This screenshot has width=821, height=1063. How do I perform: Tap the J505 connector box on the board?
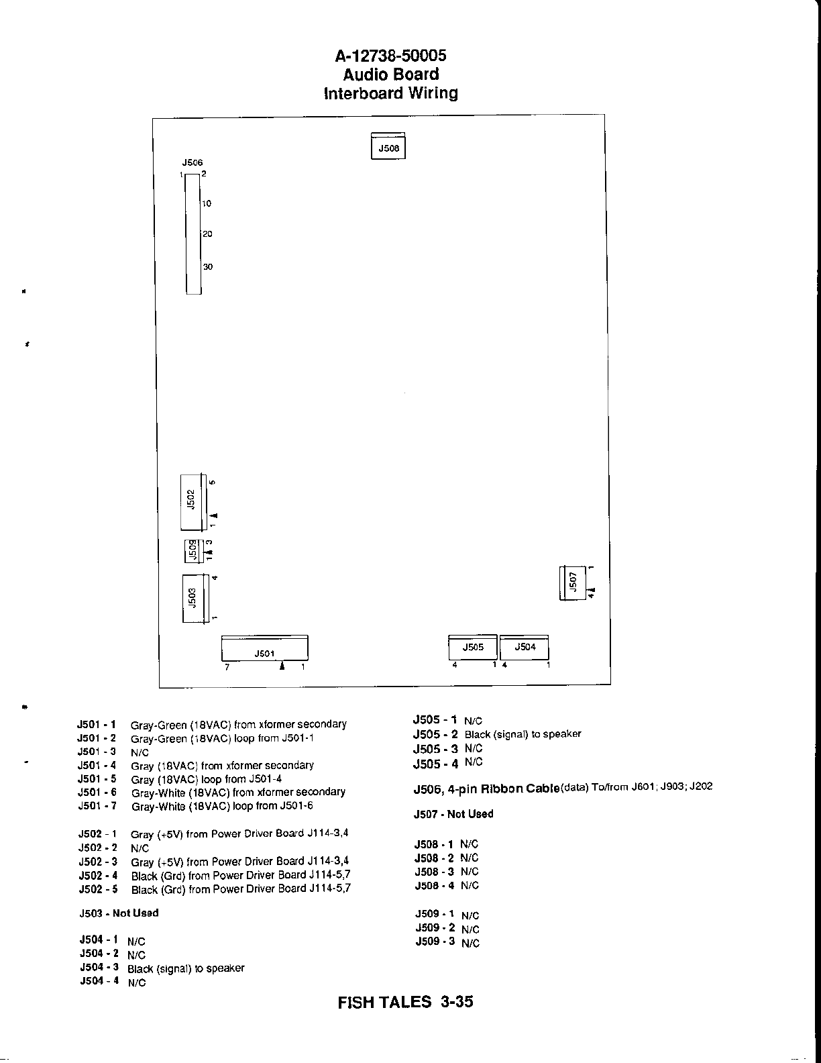(473, 648)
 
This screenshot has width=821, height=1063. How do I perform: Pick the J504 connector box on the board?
(525, 648)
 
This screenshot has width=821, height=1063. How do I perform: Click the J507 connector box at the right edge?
(572, 583)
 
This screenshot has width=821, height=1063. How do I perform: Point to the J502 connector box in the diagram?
(193, 500)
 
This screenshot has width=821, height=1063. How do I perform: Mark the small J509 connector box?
(192, 552)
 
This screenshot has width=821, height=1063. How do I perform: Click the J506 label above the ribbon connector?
(193, 162)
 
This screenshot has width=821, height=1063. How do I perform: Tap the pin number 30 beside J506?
(208, 267)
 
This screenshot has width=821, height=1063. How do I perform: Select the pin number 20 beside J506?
(208, 234)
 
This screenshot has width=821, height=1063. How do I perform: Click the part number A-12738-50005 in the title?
(390, 56)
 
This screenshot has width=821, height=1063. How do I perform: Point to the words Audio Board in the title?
(390, 74)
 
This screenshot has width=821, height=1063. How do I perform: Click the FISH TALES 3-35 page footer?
(406, 1002)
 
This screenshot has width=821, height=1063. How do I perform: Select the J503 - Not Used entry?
(119, 913)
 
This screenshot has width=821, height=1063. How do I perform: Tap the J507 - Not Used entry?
(453, 814)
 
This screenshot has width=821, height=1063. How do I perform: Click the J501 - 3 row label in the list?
(97, 752)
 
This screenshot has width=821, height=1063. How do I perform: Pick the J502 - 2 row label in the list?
(97, 848)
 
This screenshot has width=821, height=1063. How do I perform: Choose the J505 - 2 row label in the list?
(435, 734)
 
